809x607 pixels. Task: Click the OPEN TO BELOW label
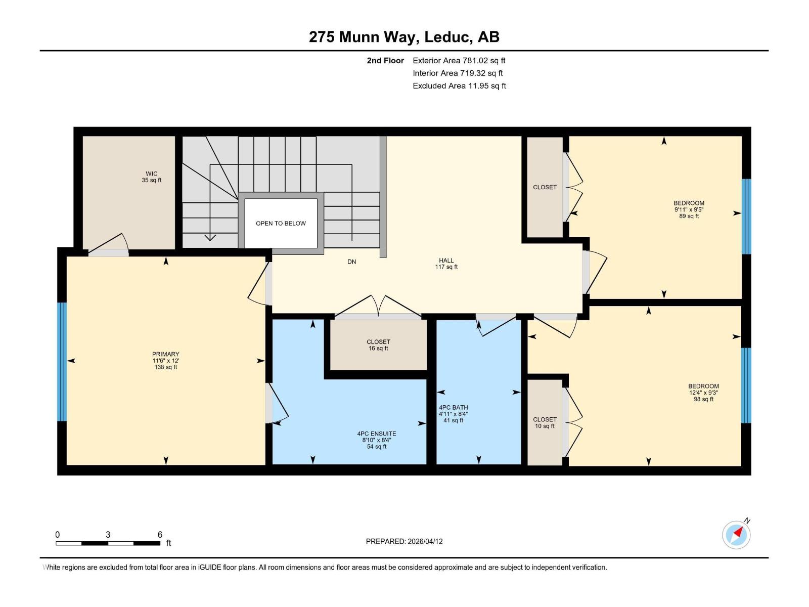(x=281, y=223)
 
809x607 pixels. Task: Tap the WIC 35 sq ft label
(x=151, y=177)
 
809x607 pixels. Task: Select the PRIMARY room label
(x=165, y=360)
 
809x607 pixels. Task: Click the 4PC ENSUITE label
(x=376, y=440)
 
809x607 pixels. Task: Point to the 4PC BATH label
(x=453, y=413)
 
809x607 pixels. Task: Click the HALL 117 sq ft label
(x=446, y=264)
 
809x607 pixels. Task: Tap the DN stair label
(x=351, y=262)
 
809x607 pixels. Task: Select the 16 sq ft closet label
(x=378, y=345)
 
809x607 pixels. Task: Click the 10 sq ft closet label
(x=545, y=422)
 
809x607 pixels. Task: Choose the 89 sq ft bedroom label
(x=689, y=209)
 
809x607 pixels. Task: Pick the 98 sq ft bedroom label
(x=703, y=392)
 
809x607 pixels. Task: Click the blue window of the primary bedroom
(x=62, y=361)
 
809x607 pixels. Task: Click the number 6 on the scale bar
(x=160, y=535)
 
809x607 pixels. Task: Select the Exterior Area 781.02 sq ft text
(x=459, y=60)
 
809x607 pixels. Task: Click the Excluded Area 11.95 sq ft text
(x=459, y=85)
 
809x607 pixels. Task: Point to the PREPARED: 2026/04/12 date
(x=404, y=541)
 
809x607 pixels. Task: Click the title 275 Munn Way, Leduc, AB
(x=404, y=37)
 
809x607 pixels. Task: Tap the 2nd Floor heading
(x=385, y=60)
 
